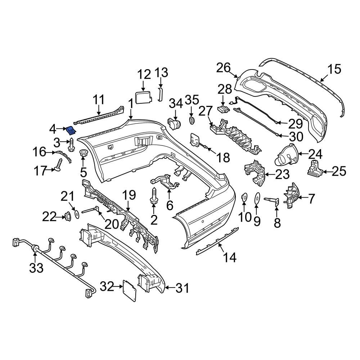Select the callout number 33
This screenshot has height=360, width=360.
(36, 267)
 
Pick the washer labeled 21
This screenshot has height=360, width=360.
(77, 214)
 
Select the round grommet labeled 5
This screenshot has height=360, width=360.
(84, 154)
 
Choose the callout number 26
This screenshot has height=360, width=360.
(223, 67)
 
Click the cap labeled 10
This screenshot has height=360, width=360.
(244, 197)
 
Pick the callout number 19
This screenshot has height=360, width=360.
(129, 195)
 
